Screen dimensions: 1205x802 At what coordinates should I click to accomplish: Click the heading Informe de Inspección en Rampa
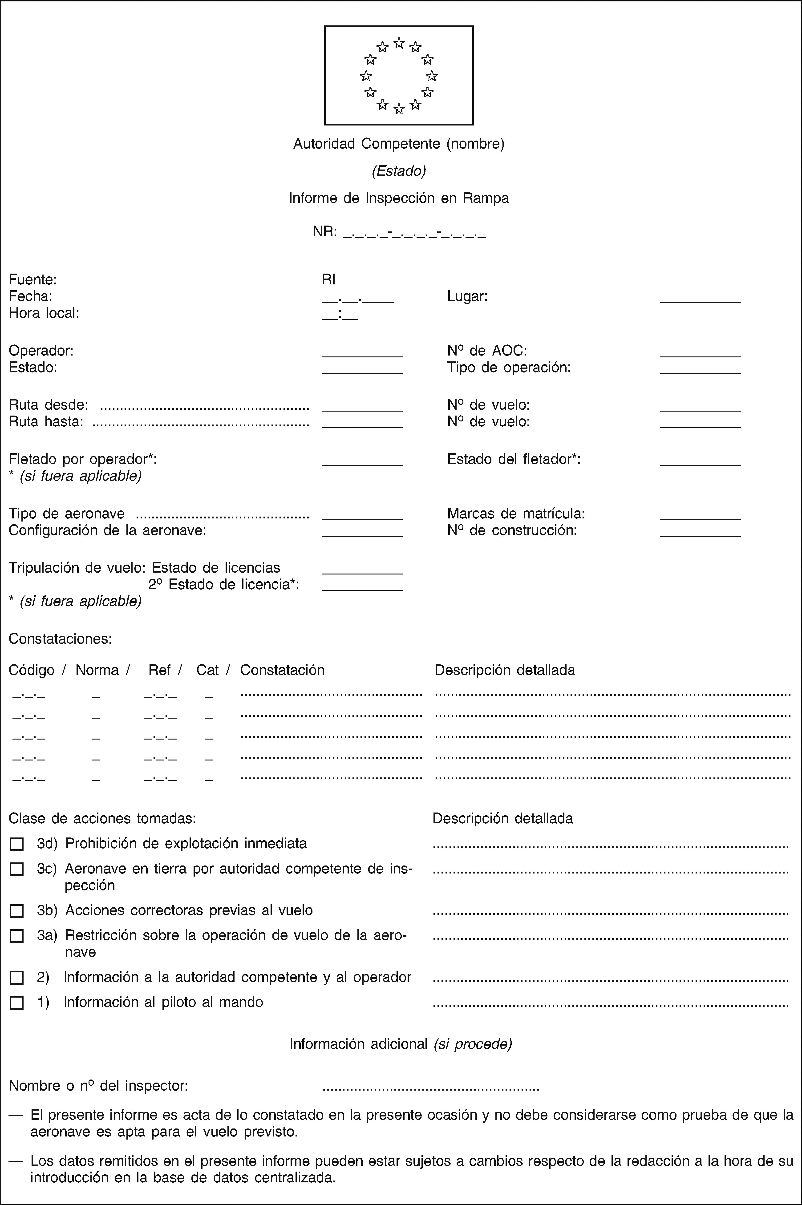pos(399,198)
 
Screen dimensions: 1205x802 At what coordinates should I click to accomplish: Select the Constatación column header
pos(282,670)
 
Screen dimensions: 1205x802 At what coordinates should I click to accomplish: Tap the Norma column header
pos(97,670)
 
